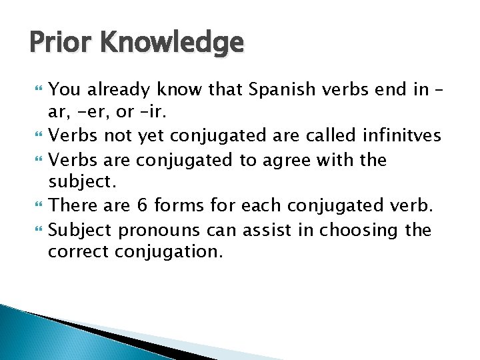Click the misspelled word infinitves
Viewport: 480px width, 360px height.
(403, 136)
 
